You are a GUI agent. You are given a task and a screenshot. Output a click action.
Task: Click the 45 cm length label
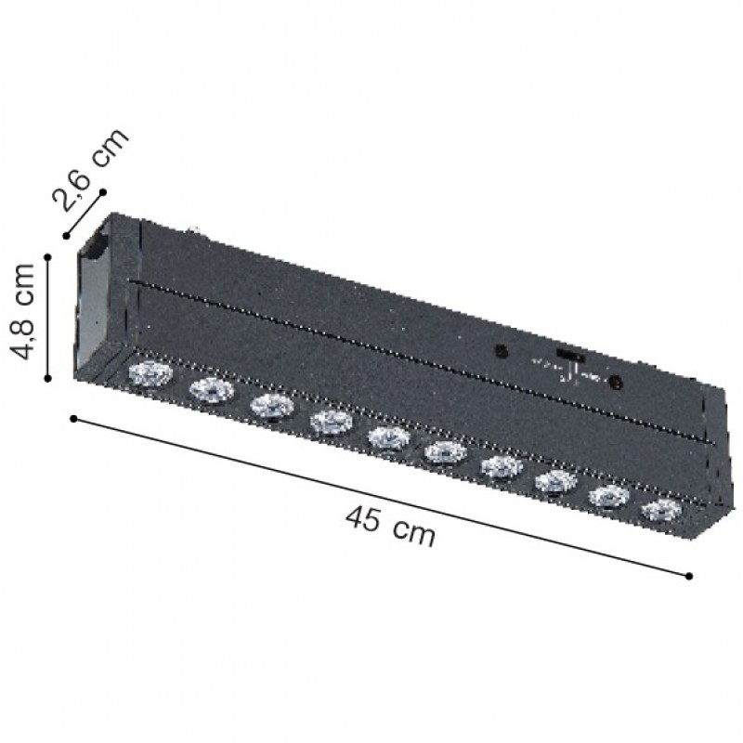coord(390,525)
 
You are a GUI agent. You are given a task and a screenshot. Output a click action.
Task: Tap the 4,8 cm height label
coord(22,312)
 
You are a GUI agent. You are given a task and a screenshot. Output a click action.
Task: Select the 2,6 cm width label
coord(91,169)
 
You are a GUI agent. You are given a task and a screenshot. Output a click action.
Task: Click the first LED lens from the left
coord(150,374)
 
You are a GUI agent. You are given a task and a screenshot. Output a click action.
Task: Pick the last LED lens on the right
coord(661,510)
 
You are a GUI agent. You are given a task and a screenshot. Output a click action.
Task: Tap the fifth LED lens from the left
coord(389,437)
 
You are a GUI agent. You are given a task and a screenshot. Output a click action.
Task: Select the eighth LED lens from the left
coord(556,482)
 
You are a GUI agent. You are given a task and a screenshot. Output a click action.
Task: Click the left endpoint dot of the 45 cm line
coord(73,419)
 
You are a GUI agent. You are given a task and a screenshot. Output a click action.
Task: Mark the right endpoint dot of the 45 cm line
coord(689,576)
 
